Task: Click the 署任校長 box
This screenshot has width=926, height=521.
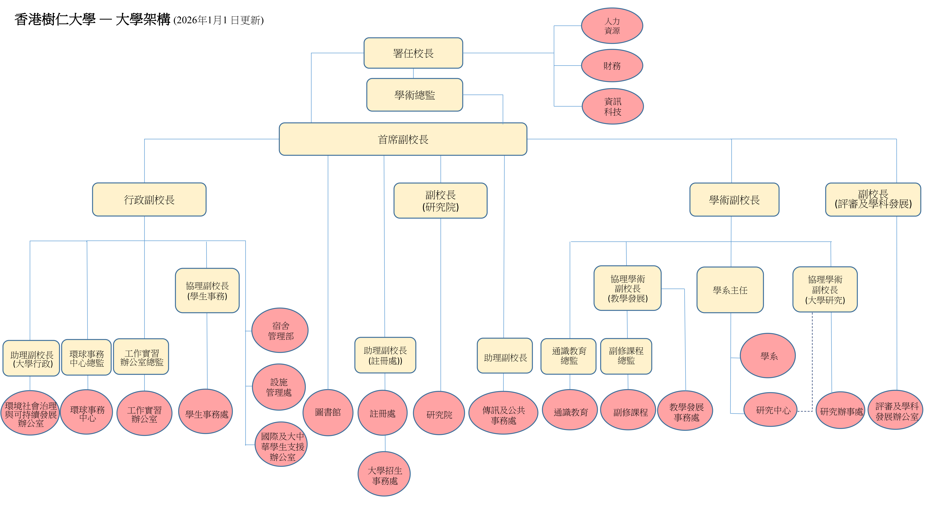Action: [413, 53]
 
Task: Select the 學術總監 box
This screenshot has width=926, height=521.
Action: [415, 95]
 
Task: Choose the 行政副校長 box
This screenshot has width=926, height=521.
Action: [149, 200]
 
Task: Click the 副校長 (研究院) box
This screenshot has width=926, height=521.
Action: [440, 201]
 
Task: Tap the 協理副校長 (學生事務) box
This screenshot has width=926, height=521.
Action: [207, 290]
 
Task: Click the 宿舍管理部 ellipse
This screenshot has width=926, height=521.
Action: [280, 330]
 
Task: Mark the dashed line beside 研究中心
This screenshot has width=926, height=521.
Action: [812, 360]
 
